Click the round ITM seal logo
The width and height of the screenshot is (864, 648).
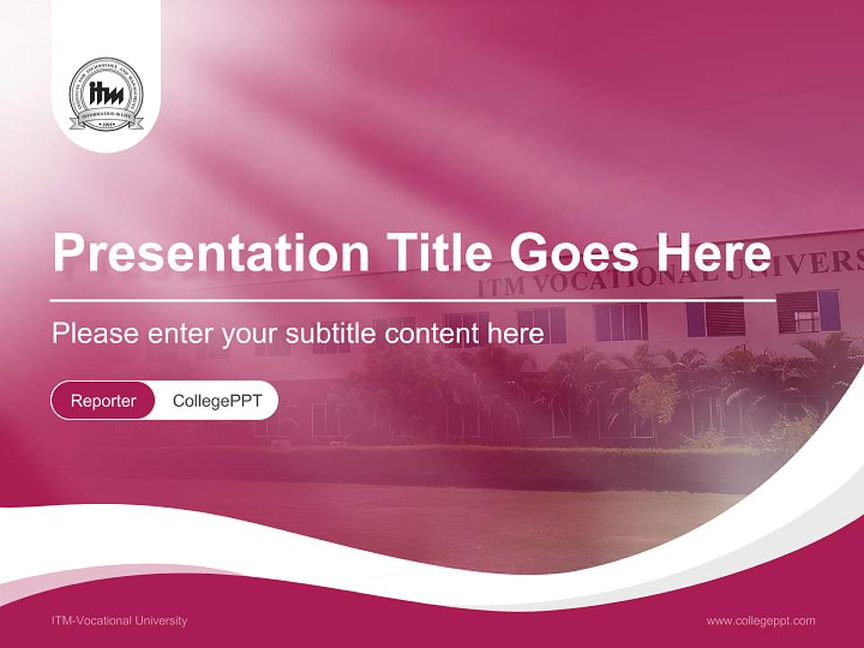pos(106,94)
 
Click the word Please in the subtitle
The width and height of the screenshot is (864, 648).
pos(95,334)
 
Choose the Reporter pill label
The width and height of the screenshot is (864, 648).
pos(103,400)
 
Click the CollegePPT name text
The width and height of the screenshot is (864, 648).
pos(217,400)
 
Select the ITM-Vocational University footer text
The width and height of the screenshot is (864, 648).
pos(120,620)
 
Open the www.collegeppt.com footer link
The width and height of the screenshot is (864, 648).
pos(760,620)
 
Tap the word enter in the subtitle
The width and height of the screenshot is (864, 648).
pos(181,334)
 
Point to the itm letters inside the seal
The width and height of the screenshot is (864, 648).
pos(106,94)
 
